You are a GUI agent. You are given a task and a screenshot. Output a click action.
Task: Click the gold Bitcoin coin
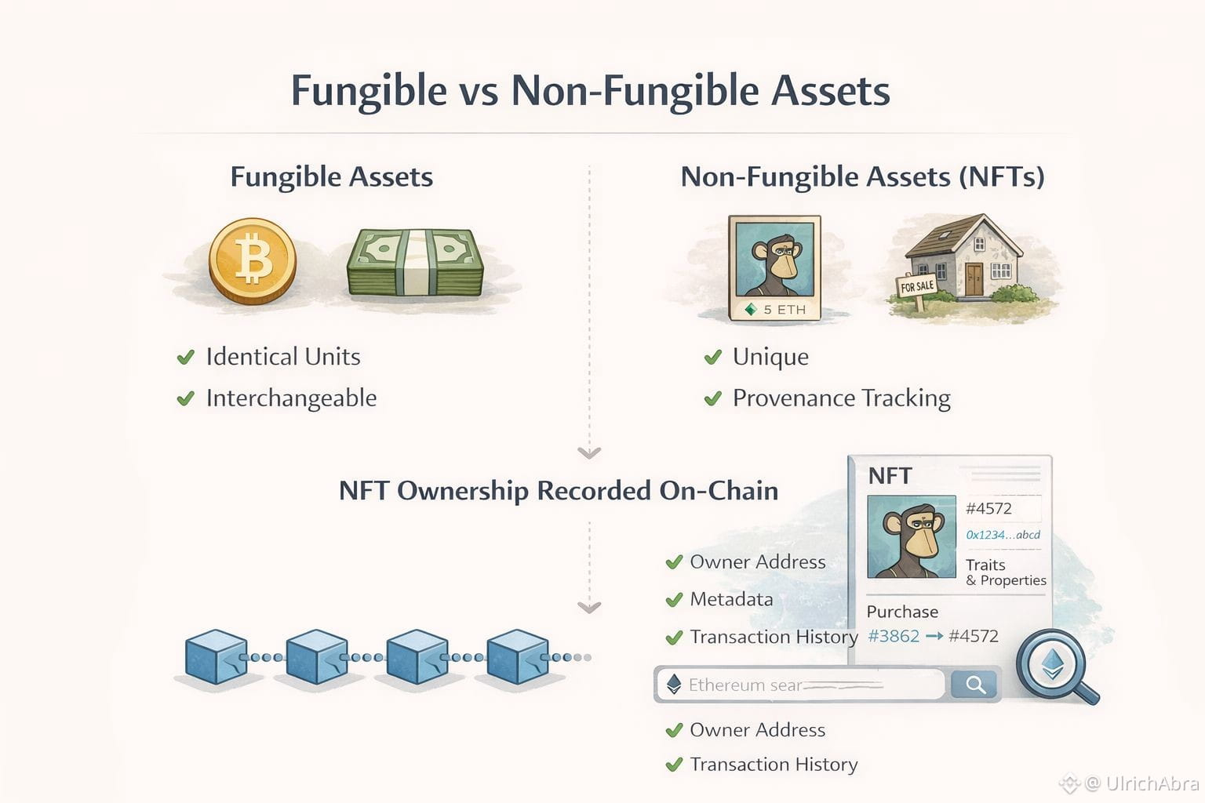point(253,260)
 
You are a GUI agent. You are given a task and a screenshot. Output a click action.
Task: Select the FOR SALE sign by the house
point(917,286)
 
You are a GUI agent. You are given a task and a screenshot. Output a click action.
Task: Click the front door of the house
point(974,279)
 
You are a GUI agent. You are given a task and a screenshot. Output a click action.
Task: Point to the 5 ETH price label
point(776,310)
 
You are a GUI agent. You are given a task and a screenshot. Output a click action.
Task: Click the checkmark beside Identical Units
point(186,358)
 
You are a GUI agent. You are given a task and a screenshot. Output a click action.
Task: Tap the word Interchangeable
point(291,398)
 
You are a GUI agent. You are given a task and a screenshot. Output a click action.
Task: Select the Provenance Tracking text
point(841,398)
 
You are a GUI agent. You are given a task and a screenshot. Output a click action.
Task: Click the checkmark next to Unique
point(713,358)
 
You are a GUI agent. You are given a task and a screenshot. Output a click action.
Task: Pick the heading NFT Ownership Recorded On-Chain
point(559,491)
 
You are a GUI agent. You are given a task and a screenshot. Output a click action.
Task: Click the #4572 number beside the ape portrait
point(988,508)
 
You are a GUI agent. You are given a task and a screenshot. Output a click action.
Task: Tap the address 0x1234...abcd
point(1003,535)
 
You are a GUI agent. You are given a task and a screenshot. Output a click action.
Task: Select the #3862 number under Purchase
point(894,636)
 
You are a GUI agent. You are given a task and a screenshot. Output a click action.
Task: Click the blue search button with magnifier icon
point(975,685)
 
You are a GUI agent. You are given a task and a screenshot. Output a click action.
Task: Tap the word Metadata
point(731,599)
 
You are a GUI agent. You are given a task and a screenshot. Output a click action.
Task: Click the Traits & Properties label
point(1006,572)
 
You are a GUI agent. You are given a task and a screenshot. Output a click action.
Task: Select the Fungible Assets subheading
point(331,177)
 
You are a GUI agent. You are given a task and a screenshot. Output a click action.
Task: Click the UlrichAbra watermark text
point(1151,783)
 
